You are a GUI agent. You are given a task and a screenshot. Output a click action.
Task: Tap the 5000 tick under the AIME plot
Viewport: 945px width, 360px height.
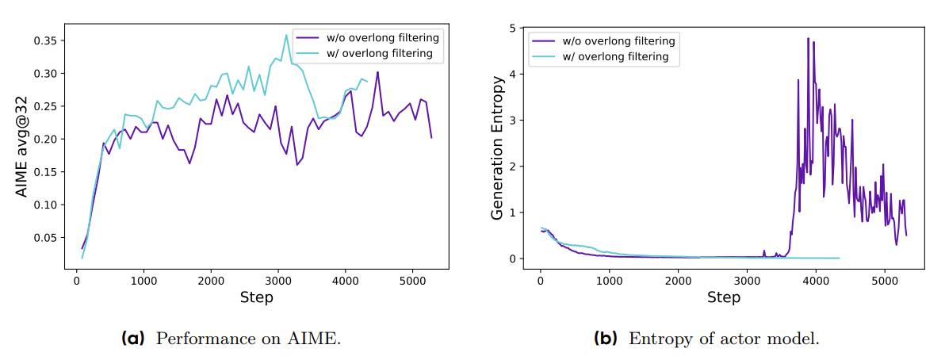pyautogui.click(x=411, y=281)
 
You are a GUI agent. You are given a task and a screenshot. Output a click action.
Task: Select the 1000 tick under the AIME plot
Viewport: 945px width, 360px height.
pyautogui.click(x=143, y=281)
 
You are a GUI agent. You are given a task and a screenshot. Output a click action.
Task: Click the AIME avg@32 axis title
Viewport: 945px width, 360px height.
pyautogui.click(x=22, y=147)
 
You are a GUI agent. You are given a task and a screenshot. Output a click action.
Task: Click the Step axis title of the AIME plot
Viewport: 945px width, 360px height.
pyautogui.click(x=256, y=297)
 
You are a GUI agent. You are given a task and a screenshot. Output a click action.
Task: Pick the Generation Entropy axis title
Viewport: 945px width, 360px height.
pyautogui.click(x=498, y=147)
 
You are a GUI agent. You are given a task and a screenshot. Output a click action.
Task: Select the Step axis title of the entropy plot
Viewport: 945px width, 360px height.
pyautogui.click(x=723, y=297)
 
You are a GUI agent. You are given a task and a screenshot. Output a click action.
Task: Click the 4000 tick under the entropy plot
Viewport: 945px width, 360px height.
pyautogui.click(x=816, y=281)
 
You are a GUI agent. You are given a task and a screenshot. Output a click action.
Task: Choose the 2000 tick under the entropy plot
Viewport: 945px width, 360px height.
pyautogui.click(x=678, y=281)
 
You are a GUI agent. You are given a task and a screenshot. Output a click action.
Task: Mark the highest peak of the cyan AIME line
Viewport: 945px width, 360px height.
pyautogui.click(x=286, y=35)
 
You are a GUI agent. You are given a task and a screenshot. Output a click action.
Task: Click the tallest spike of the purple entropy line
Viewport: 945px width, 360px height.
pyautogui.click(x=808, y=38)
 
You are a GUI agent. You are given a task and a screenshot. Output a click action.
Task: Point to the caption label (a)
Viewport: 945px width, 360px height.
pyautogui.click(x=133, y=339)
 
